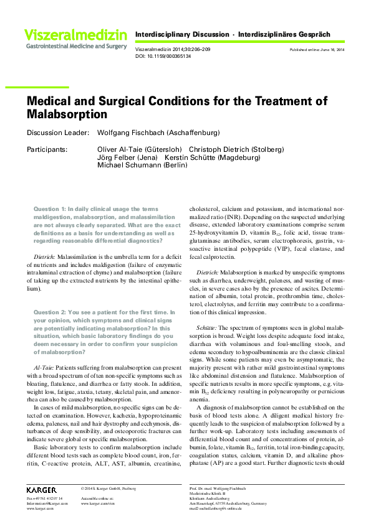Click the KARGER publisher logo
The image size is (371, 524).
41,490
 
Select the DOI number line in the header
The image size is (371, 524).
163,56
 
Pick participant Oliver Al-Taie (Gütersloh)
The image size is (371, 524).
140,149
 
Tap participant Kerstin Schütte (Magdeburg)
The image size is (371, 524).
212,157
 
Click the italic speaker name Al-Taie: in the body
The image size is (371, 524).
45,368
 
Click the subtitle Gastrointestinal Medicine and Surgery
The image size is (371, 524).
76,46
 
